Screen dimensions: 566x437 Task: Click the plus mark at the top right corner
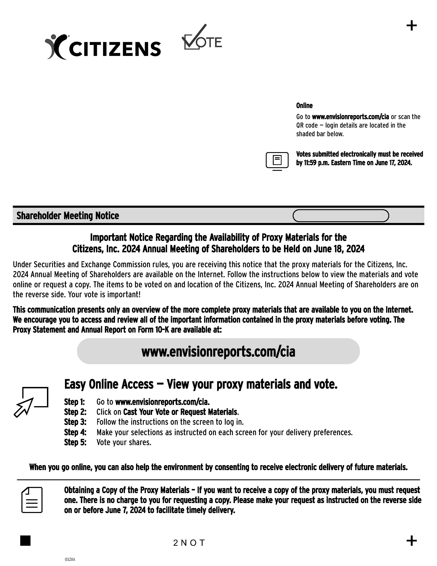[x=411, y=26]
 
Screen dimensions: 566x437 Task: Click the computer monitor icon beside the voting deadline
[x=277, y=161]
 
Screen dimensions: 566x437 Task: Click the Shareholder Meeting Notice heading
[x=68, y=216]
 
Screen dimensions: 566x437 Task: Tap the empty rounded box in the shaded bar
[x=341, y=216]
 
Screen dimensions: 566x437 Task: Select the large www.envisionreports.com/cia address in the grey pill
[x=218, y=352]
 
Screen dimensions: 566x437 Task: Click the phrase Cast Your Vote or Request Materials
[x=180, y=412]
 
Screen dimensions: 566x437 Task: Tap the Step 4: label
[x=75, y=432]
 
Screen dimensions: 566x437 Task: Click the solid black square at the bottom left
[x=25, y=541]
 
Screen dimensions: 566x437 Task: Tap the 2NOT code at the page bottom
[x=189, y=543]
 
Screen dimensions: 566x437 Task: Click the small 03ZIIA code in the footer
[x=70, y=559]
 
